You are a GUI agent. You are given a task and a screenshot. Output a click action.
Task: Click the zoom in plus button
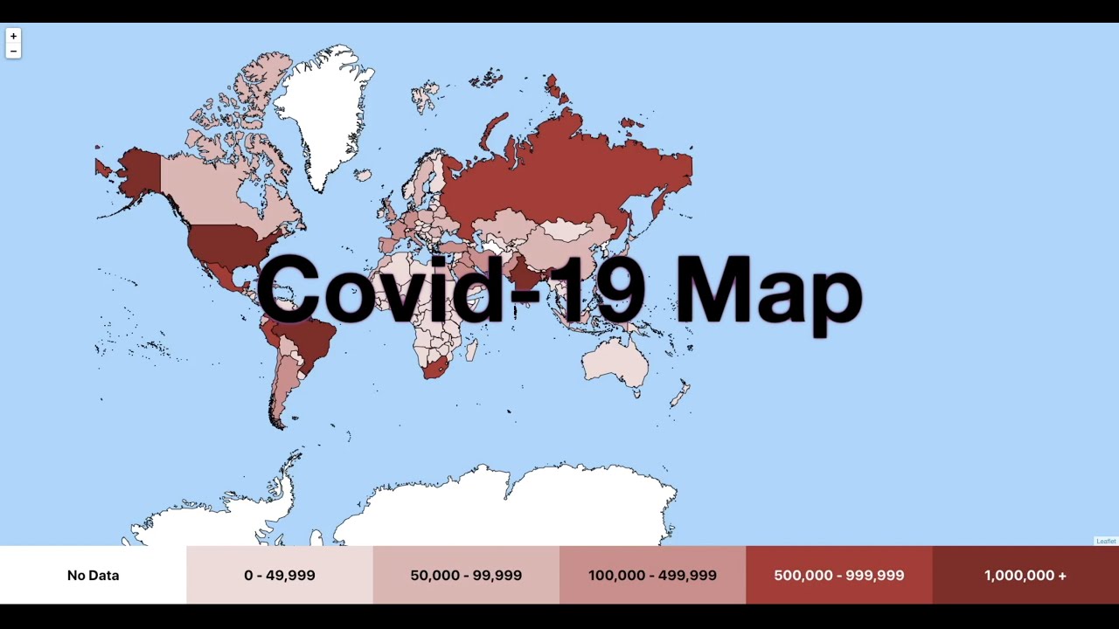(13, 37)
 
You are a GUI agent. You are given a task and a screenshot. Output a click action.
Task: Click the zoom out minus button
(13, 52)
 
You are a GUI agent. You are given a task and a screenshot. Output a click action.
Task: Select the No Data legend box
(93, 575)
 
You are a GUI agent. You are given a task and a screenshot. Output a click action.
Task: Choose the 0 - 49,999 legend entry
(280, 575)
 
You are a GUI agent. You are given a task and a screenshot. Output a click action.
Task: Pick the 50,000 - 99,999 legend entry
(466, 575)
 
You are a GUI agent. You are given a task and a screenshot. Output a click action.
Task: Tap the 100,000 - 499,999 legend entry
(652, 575)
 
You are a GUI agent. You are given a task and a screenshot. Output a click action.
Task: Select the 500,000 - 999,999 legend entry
(838, 575)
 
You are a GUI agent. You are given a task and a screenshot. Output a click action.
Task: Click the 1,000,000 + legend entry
(1025, 575)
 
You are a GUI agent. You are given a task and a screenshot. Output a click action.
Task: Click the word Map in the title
(769, 293)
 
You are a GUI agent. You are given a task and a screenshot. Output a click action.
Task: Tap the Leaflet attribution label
(1106, 542)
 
